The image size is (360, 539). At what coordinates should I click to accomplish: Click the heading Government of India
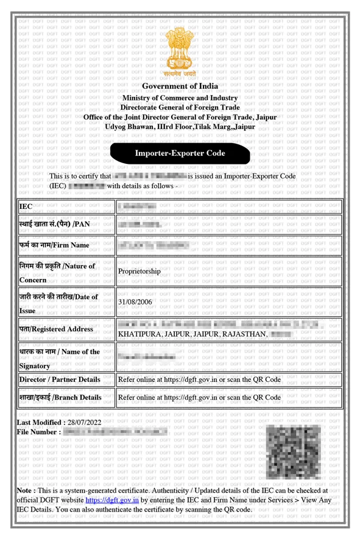[x=180, y=86]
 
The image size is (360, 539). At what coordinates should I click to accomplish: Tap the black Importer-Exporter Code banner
[x=180, y=153]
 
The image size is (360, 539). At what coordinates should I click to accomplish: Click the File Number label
[x=39, y=432]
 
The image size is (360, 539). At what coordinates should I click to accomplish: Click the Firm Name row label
[x=54, y=246]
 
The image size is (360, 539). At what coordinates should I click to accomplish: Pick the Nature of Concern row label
[x=57, y=272]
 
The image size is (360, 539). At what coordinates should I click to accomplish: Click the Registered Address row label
[x=56, y=329]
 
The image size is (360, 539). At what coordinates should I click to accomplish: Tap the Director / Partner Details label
[x=60, y=379]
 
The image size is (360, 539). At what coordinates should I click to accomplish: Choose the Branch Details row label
[x=60, y=397]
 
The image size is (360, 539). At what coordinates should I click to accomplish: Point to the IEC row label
[x=26, y=206]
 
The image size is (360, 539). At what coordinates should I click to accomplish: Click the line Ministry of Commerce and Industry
[x=180, y=97]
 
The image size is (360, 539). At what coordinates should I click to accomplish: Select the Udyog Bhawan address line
[x=180, y=127]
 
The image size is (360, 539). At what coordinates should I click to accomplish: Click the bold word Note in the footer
[x=24, y=490]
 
